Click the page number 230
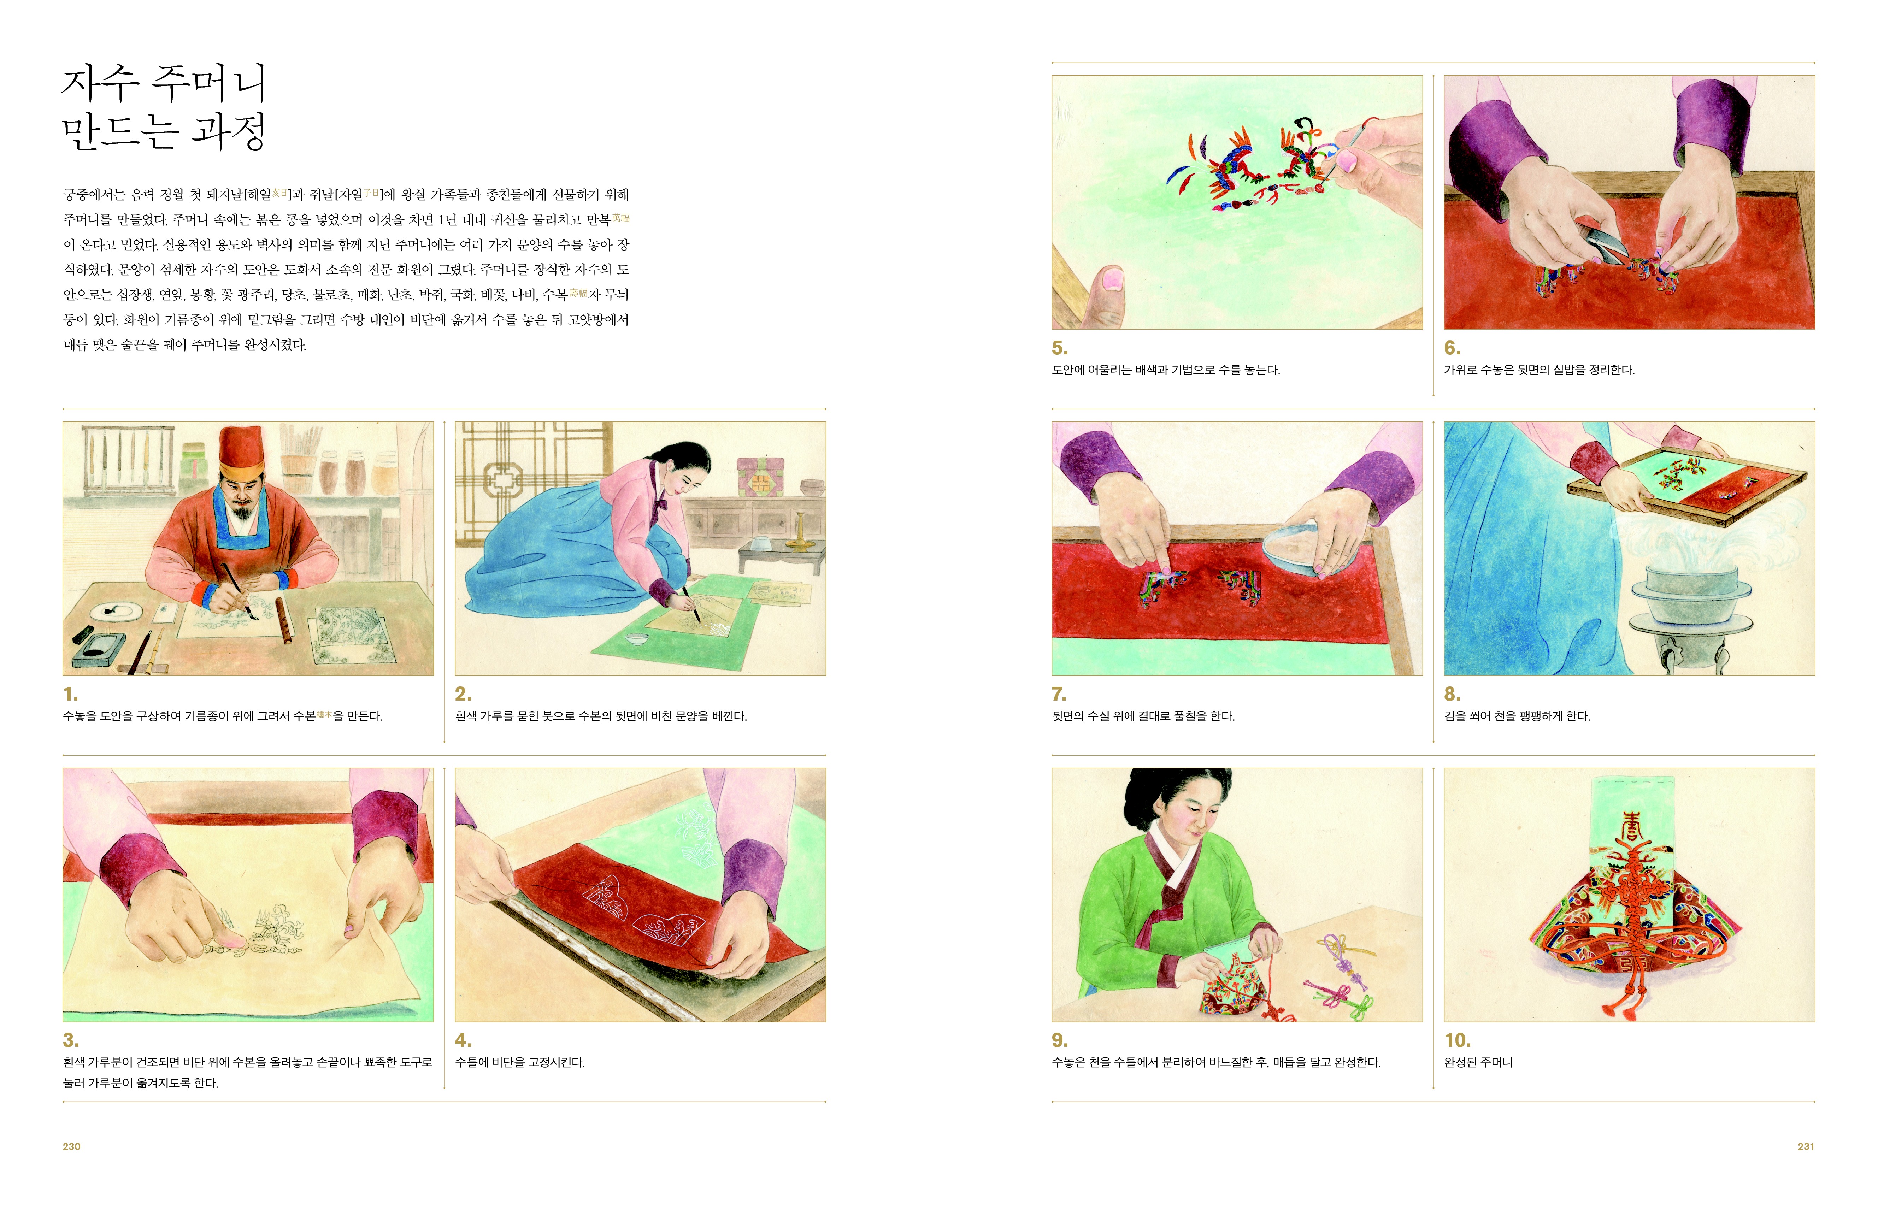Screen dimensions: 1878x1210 [x=71, y=1146]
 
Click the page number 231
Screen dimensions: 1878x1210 [x=1806, y=1146]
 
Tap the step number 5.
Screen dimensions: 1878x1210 [x=1059, y=348]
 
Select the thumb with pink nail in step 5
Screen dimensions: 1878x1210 [x=1104, y=295]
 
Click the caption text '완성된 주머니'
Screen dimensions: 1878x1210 [x=1478, y=1062]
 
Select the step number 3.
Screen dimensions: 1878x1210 [x=71, y=1040]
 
